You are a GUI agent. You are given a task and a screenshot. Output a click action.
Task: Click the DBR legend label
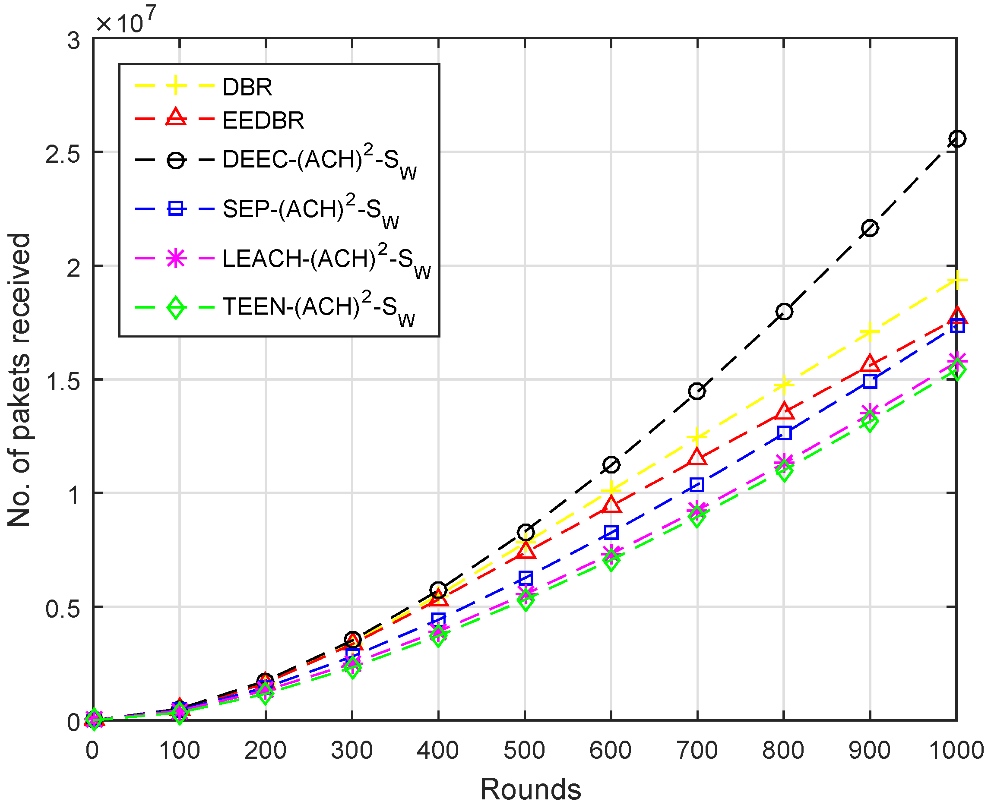click(x=247, y=87)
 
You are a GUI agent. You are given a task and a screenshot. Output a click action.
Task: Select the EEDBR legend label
click(x=263, y=120)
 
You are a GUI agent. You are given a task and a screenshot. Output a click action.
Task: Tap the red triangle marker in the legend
click(x=176, y=117)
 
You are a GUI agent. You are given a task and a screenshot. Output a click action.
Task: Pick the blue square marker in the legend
click(x=176, y=208)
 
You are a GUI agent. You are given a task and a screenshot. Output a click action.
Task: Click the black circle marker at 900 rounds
click(x=870, y=228)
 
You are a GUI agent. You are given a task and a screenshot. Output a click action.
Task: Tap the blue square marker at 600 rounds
click(x=611, y=533)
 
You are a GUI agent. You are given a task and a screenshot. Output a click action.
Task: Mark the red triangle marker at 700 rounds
click(x=697, y=458)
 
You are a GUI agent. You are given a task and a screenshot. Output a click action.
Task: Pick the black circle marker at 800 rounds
click(x=784, y=311)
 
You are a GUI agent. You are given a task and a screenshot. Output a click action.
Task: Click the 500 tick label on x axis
click(x=524, y=751)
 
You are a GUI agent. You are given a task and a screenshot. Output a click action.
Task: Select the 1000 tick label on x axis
click(x=956, y=751)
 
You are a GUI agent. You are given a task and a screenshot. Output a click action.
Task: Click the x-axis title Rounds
click(x=530, y=789)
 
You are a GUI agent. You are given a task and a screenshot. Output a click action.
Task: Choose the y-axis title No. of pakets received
click(x=19, y=380)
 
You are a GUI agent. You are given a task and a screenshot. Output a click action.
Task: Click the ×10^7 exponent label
click(x=126, y=21)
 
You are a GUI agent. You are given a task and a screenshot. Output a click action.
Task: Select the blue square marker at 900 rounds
click(x=870, y=382)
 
